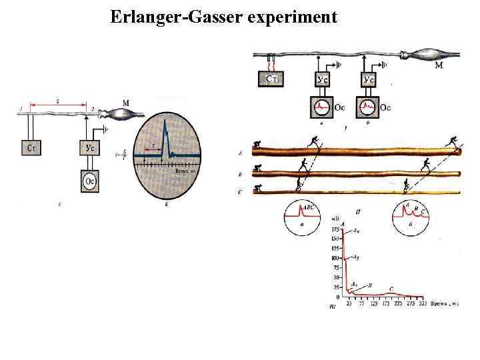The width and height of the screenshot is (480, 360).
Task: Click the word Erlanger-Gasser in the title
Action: tap(177, 17)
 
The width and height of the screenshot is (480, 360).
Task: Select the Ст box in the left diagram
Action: tap(32, 147)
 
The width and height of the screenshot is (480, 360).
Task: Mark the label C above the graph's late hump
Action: tap(391, 289)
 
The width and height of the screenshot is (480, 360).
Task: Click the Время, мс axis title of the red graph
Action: tap(447, 303)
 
